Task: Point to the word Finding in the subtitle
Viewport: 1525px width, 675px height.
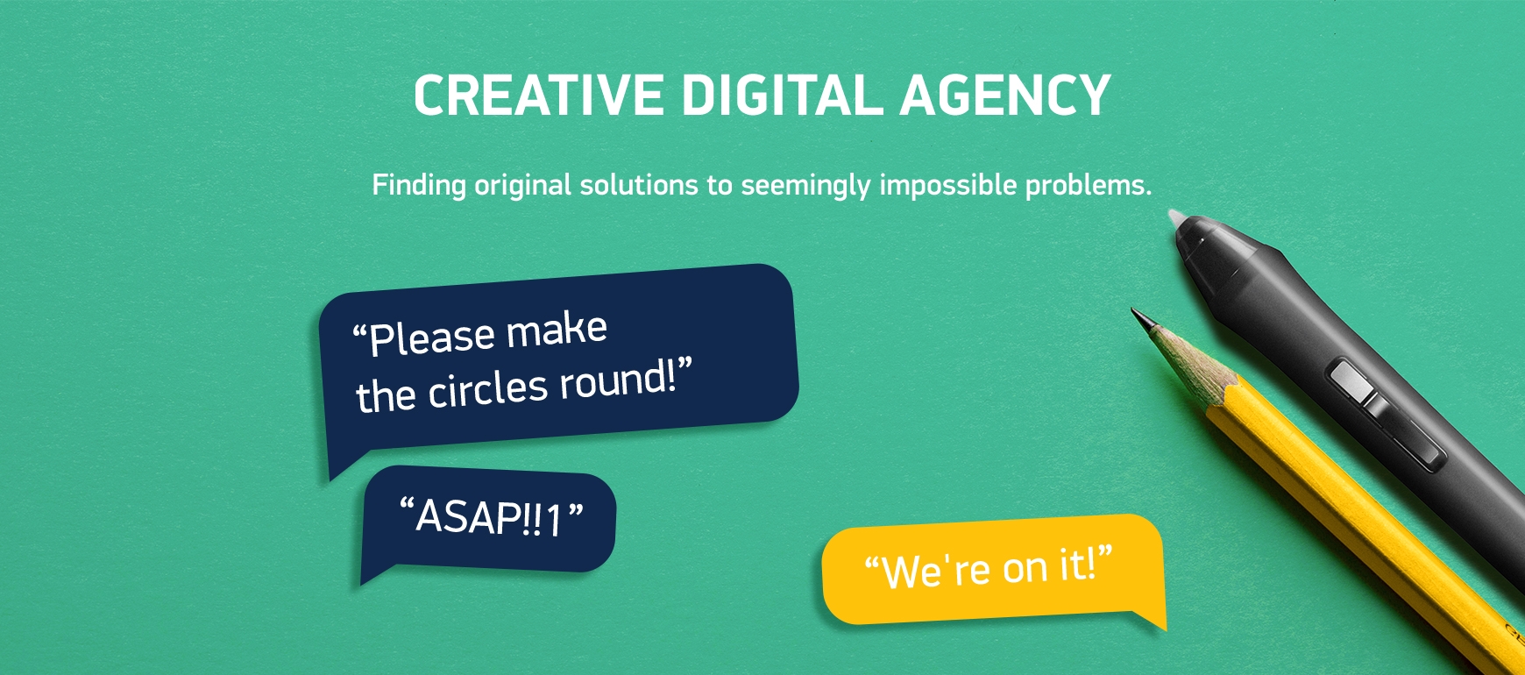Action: point(419,185)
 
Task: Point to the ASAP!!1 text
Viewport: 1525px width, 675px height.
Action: point(491,517)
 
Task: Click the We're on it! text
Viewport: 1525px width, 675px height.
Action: point(989,568)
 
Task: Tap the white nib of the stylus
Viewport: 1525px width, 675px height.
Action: point(1177,219)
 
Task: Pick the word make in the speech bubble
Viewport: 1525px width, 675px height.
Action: point(557,330)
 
